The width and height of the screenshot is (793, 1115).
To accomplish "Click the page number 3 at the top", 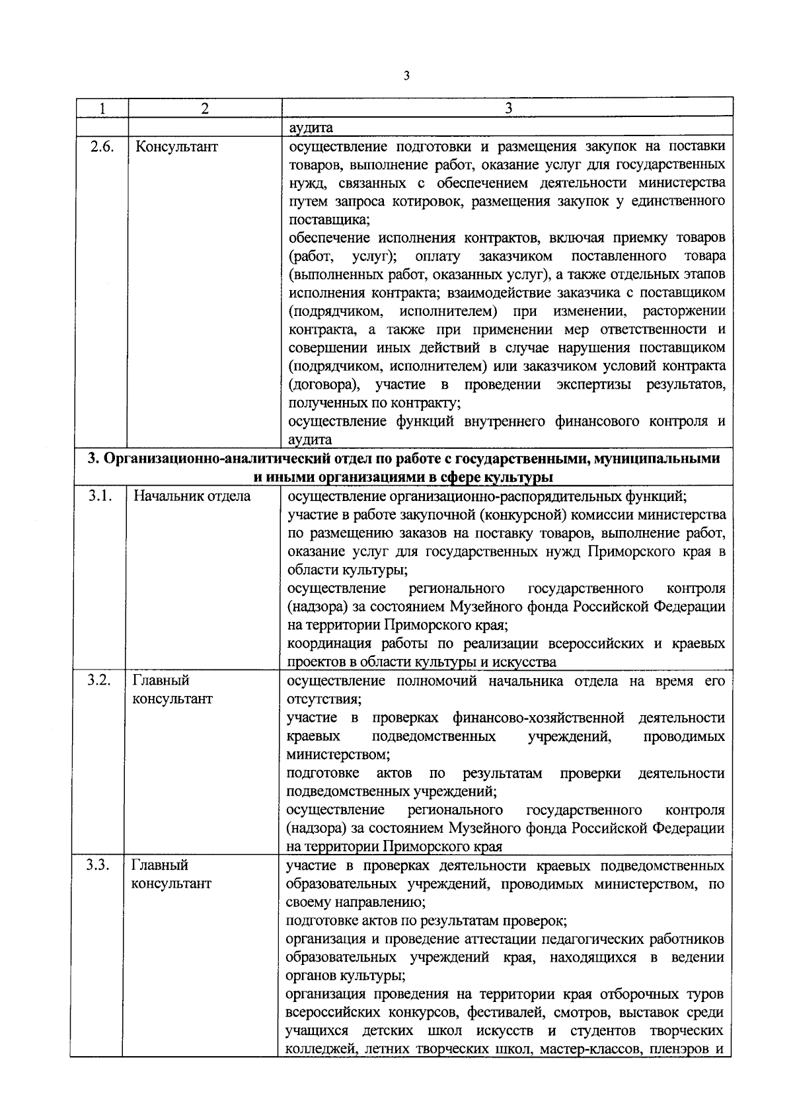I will [x=406, y=76].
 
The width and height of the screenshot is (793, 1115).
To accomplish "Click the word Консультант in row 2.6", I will [x=176, y=147].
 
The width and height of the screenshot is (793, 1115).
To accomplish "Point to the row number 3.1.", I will [x=100, y=496].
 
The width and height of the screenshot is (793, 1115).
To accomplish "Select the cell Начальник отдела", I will [x=192, y=496].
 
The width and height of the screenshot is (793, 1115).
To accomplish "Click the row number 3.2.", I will [x=100, y=681].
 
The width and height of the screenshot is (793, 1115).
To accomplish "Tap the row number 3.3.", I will [x=100, y=865].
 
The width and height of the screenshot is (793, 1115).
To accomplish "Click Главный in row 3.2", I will [x=161, y=681].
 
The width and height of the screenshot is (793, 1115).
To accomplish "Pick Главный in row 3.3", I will [x=161, y=865].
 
